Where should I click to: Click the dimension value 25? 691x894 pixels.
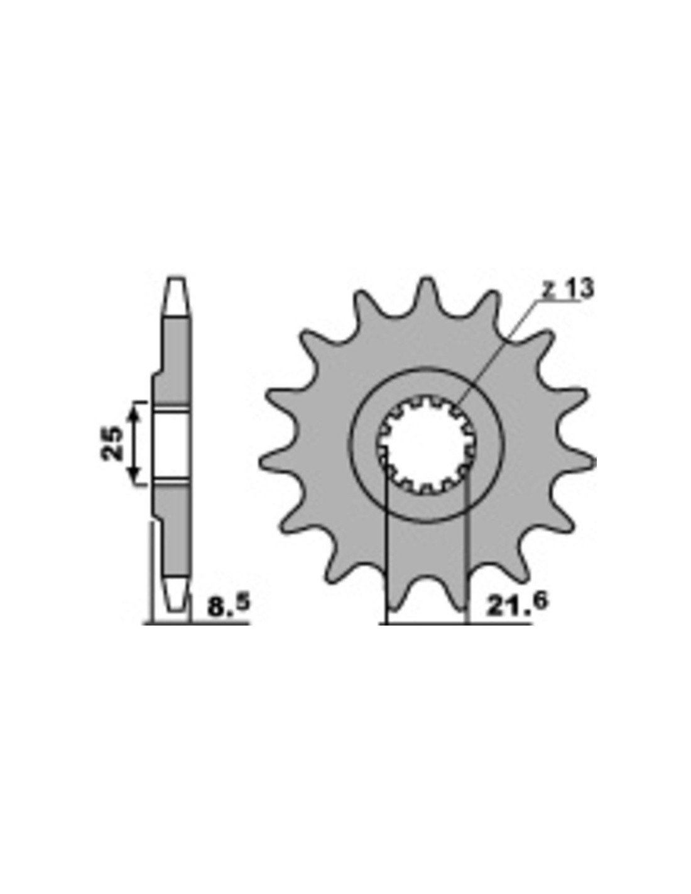[x=112, y=443]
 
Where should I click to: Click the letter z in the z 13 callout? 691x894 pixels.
[x=548, y=290]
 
